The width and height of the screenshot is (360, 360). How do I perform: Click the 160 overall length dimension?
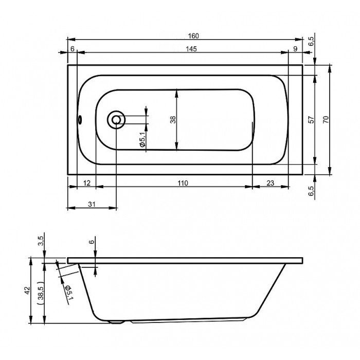[x=193, y=36]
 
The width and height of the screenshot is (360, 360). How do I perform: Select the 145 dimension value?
[x=191, y=49]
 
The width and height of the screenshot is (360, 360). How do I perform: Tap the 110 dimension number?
[x=183, y=183]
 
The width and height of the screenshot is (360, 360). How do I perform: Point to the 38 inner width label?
[x=173, y=120]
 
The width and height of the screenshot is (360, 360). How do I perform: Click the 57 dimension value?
[x=311, y=120]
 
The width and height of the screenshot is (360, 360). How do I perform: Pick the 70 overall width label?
[x=326, y=120]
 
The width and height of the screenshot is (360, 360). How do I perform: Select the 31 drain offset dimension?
[x=92, y=204]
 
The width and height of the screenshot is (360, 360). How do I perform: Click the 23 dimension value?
[x=271, y=183]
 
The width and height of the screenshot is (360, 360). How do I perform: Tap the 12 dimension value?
[x=86, y=183]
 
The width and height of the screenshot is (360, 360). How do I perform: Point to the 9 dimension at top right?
[x=296, y=49]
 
